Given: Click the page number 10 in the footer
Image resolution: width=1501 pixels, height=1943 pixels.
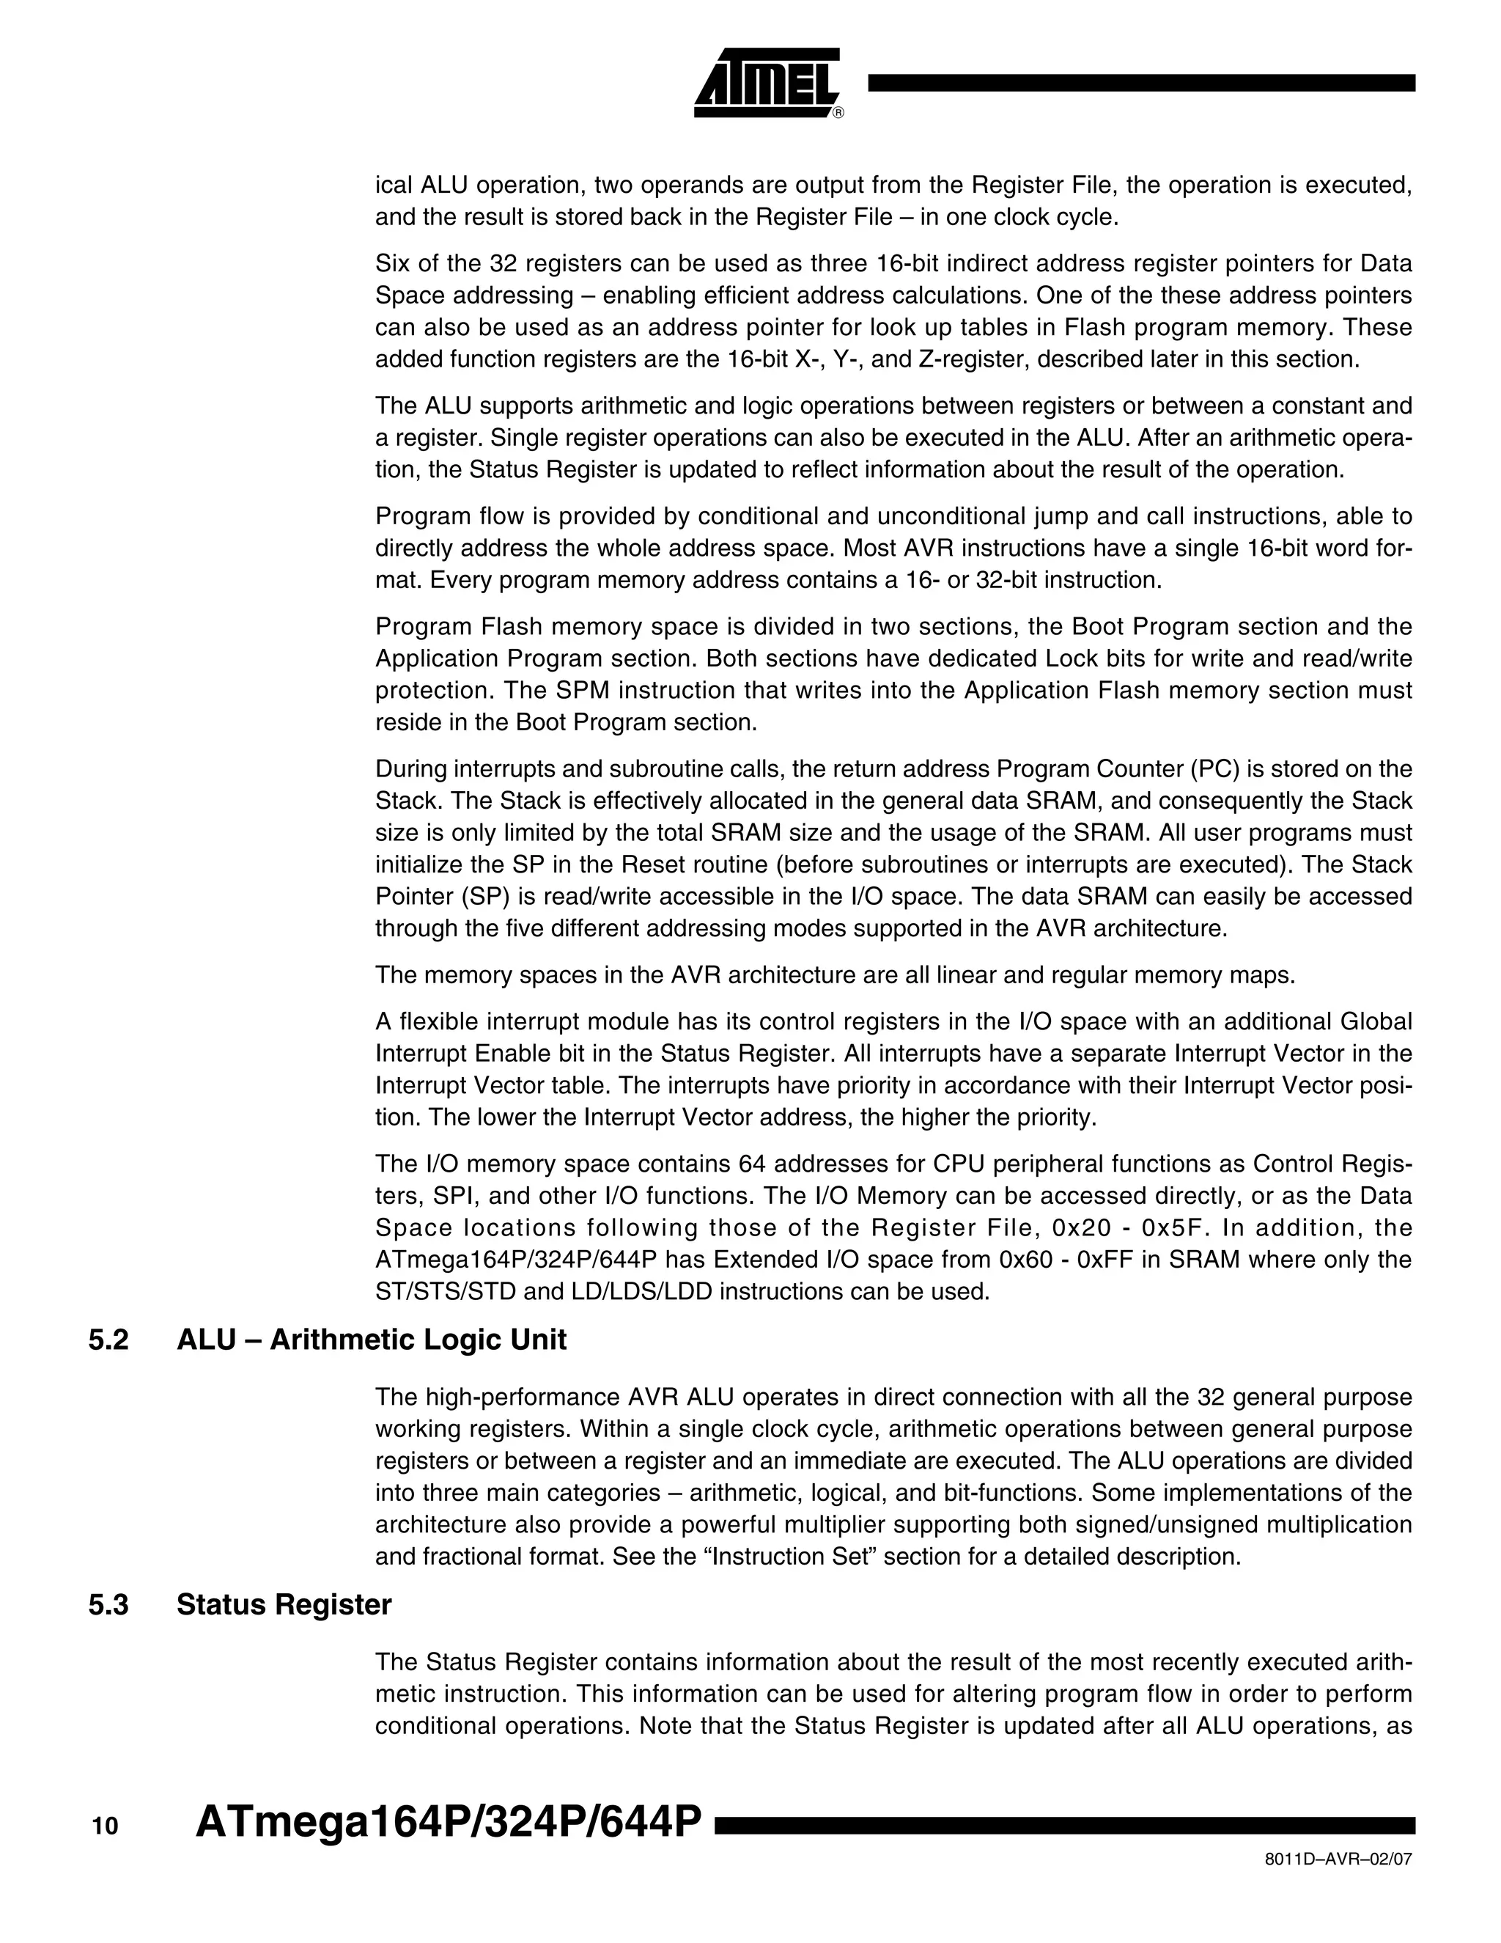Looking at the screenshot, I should [x=104, y=1826].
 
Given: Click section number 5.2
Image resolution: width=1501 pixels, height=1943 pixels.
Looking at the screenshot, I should [x=108, y=1340].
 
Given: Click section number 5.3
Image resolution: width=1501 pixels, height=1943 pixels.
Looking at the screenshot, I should [x=108, y=1605].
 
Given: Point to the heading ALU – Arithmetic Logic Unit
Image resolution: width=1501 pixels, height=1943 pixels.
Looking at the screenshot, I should [x=372, y=1340].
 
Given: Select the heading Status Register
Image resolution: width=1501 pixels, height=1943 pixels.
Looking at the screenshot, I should [x=284, y=1605].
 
